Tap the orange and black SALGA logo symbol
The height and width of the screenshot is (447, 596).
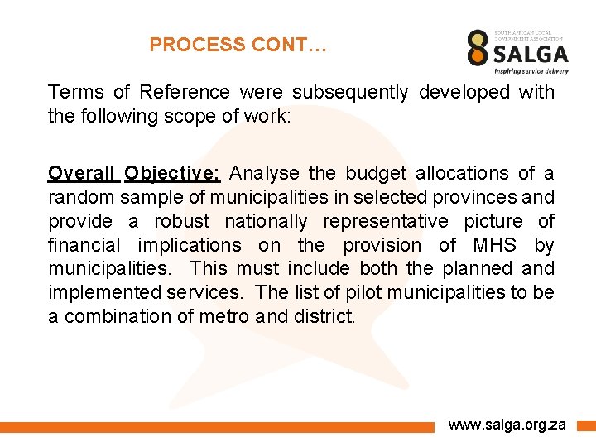coord(478,48)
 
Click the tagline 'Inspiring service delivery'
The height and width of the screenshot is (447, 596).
coord(532,71)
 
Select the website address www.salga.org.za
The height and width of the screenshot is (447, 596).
coord(507,425)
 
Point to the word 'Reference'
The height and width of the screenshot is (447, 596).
coord(185,92)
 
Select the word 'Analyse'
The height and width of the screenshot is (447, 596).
coord(265,173)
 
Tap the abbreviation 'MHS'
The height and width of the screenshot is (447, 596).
coord(495,245)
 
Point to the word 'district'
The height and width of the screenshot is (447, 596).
coord(324,317)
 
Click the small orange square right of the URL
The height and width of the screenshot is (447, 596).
coord(586,425)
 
